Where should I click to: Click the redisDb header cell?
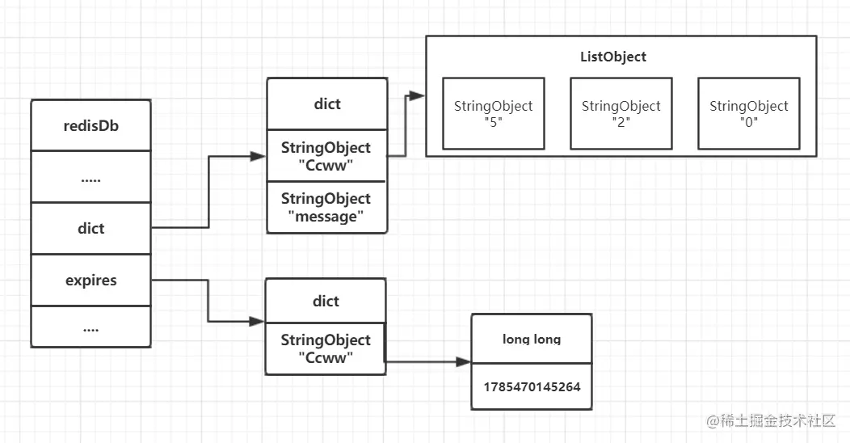point(91,125)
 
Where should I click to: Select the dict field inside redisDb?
point(91,228)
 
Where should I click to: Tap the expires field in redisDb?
point(91,281)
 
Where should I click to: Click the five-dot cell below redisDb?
point(91,177)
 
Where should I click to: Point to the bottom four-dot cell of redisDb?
point(91,327)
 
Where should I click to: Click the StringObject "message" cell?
point(326,208)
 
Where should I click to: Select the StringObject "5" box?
point(494,113)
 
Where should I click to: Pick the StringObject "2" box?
point(621,113)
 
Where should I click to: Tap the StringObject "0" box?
point(749,113)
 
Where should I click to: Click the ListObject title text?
point(613,57)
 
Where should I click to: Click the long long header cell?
point(532,339)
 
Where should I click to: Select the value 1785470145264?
point(532,386)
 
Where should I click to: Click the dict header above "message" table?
point(327,103)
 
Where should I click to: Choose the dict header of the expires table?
point(326,301)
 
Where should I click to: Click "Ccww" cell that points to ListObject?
point(326,156)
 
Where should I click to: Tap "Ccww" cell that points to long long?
point(326,348)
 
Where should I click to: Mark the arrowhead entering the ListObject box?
point(417,96)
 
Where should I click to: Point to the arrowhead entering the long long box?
point(464,361)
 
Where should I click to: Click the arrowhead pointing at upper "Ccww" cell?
point(258,157)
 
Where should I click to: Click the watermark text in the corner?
point(771,420)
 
